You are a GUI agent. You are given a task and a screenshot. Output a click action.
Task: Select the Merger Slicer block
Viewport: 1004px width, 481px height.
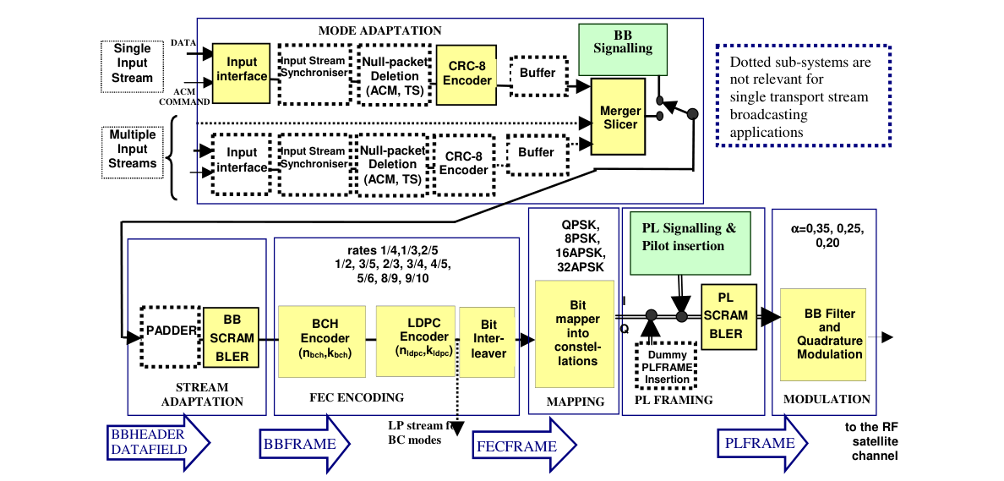click(x=620, y=117)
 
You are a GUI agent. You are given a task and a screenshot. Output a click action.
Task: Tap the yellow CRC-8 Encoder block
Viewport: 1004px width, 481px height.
click(x=467, y=74)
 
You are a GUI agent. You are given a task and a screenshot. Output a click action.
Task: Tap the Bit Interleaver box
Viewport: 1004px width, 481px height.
click(x=488, y=338)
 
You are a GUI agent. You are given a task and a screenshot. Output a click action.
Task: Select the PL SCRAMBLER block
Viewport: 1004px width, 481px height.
click(x=726, y=315)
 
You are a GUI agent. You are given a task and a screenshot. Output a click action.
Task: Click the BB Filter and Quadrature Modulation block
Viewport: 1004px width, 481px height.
click(x=823, y=334)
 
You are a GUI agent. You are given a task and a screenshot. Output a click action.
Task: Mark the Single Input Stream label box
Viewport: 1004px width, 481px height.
click(x=133, y=63)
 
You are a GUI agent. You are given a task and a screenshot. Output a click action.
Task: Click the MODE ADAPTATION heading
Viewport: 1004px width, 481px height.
click(x=379, y=30)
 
